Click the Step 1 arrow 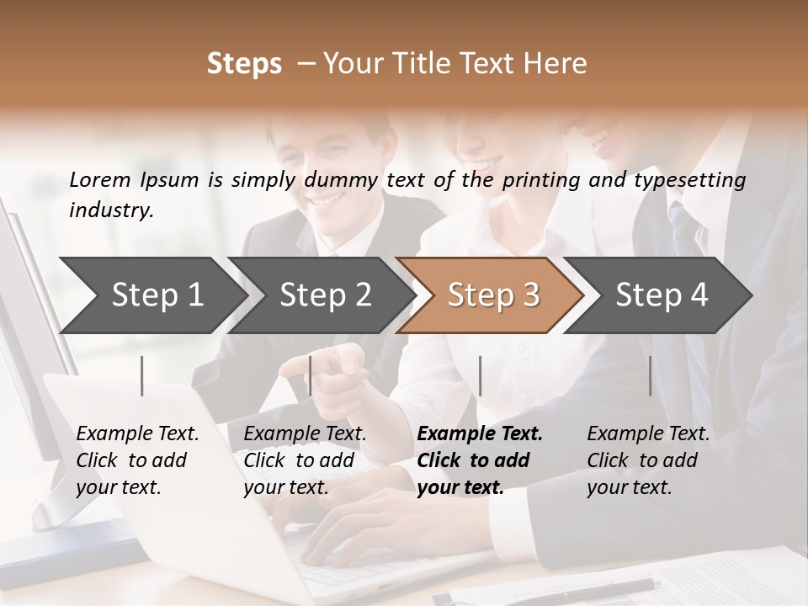157,295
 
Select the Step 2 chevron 325,295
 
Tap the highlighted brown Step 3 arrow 492,295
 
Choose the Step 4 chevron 661,295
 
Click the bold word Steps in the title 244,64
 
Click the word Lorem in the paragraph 100,179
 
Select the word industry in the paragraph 110,210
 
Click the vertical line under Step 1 142,375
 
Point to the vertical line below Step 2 311,375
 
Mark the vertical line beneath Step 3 480,375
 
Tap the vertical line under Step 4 651,375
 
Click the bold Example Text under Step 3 480,434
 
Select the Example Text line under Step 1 137,434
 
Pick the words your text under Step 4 629,487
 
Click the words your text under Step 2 285,487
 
